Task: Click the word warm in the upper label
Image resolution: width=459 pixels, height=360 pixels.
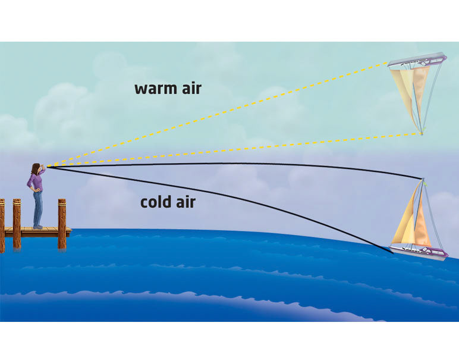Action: pos(151,89)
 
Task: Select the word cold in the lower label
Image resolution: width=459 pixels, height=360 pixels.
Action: pos(156,202)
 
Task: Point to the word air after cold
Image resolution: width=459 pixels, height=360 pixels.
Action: pos(186,202)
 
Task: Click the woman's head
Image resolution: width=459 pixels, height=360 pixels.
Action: pos(35,169)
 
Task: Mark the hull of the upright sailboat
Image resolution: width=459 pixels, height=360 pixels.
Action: pos(419,251)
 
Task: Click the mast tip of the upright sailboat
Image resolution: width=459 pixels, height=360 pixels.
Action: pos(422,179)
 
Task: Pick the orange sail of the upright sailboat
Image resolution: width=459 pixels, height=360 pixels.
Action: pos(422,226)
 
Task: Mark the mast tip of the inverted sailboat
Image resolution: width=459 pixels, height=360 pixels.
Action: pos(421,134)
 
